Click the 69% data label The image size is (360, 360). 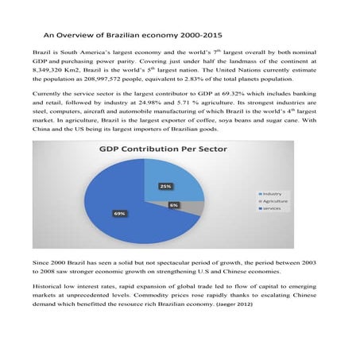[119, 214]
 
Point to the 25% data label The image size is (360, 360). [165, 186]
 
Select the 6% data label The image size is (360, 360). [174, 205]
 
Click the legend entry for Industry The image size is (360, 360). [273, 194]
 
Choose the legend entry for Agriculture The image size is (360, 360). [277, 202]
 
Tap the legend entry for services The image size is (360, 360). [274, 209]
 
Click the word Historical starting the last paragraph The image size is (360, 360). [52, 285]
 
